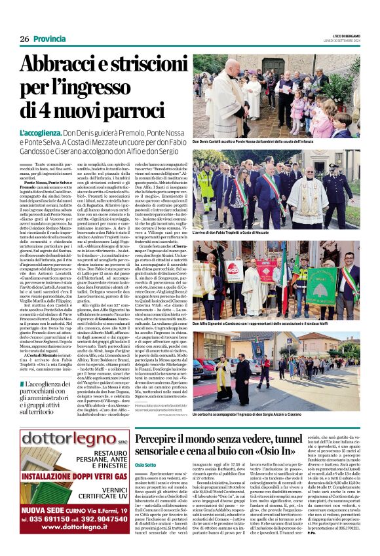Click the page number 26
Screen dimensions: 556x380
pos(24,39)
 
